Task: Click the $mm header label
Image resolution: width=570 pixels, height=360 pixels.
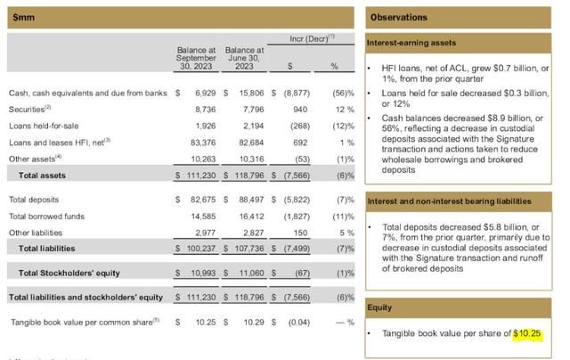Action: tap(23, 16)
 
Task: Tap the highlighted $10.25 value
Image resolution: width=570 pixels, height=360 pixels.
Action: tap(528, 335)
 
